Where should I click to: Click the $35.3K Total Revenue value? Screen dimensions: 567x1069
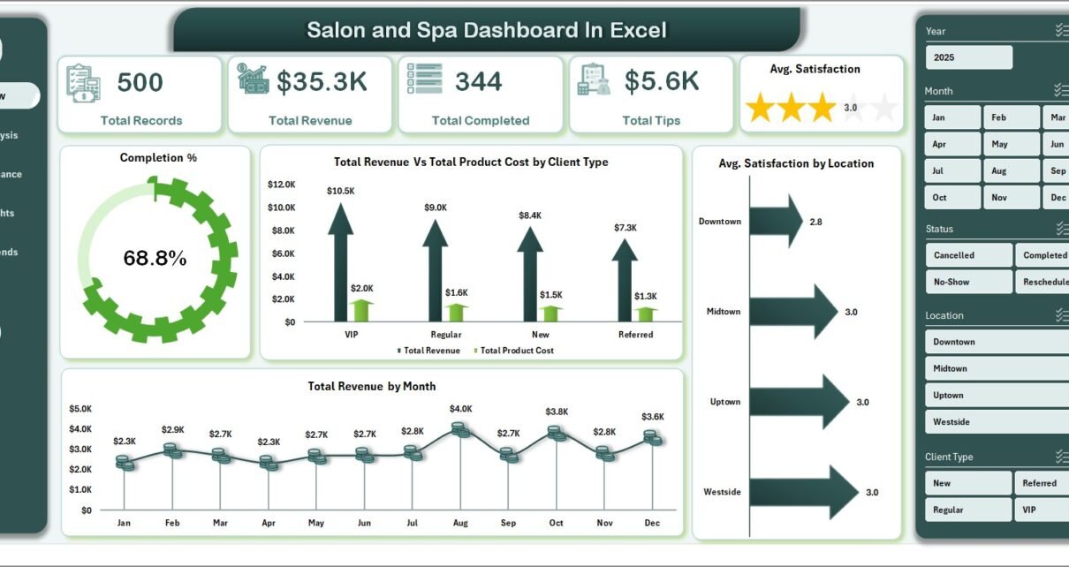322,82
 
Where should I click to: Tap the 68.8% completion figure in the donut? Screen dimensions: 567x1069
155,259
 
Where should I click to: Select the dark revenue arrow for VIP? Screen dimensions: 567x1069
340,265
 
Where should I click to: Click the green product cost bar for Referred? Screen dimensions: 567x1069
646,314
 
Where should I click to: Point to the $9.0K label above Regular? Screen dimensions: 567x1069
436,208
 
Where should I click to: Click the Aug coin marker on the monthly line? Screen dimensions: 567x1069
459,429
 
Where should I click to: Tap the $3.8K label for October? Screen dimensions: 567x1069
557,412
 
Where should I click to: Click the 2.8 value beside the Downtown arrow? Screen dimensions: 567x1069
815,222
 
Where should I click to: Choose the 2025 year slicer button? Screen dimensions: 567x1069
968,57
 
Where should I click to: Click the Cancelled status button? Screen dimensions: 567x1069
968,255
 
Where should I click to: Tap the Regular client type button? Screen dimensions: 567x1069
968,510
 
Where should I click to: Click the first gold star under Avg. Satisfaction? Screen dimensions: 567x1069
760,108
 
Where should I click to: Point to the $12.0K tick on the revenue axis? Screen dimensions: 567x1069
283,185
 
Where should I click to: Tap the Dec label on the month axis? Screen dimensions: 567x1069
652,523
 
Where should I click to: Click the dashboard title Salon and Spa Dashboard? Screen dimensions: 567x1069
487,30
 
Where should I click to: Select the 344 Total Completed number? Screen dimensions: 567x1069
479,81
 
